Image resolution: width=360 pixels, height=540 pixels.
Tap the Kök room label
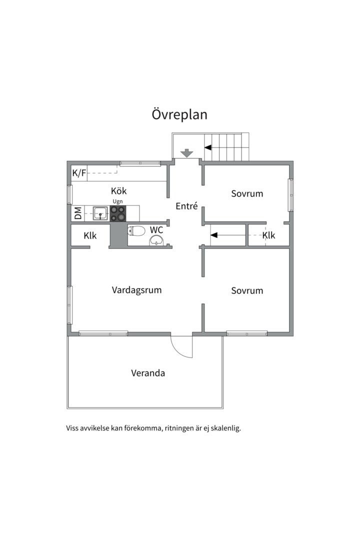tap(118, 191)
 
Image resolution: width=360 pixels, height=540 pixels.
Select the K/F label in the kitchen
tap(78, 173)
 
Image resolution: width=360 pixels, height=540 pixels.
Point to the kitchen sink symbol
tap(100, 213)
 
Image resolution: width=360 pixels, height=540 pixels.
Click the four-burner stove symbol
tap(118, 213)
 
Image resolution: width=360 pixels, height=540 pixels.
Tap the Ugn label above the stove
tap(117, 201)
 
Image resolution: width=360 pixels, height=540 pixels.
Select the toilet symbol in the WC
tap(136, 230)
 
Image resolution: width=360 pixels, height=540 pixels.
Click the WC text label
tap(157, 230)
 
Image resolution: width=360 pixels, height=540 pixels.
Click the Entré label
tap(186, 206)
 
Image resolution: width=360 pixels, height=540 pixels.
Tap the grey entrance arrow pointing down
tap(187, 153)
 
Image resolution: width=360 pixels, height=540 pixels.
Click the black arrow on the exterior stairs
tap(207, 147)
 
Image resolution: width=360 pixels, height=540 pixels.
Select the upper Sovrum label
tap(247, 193)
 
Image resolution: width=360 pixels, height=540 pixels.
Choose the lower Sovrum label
tap(247, 290)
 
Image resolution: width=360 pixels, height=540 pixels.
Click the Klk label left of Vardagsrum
tap(90, 235)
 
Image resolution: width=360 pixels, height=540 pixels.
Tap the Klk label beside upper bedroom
tap(268, 235)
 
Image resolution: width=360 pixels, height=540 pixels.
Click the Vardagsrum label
tap(136, 290)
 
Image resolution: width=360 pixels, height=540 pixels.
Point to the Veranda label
tap(148, 373)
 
